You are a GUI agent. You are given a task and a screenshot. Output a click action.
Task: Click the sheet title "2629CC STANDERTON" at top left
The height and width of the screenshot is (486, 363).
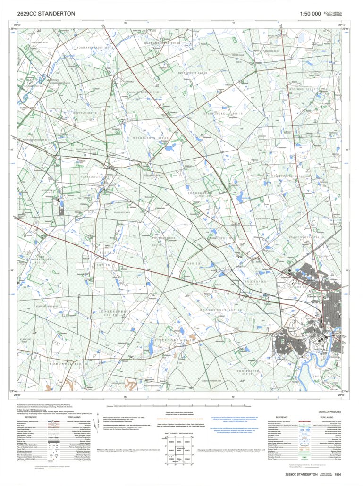point(46,15)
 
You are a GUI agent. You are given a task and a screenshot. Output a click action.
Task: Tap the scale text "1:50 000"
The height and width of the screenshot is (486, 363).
point(310,15)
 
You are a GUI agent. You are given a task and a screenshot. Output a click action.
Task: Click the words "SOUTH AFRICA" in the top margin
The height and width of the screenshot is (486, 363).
point(335,12)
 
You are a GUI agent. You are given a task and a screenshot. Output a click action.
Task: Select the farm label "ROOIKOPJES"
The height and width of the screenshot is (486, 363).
point(247,282)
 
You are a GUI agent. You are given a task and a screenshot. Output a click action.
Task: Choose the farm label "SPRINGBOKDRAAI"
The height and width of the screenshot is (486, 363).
point(218,114)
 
